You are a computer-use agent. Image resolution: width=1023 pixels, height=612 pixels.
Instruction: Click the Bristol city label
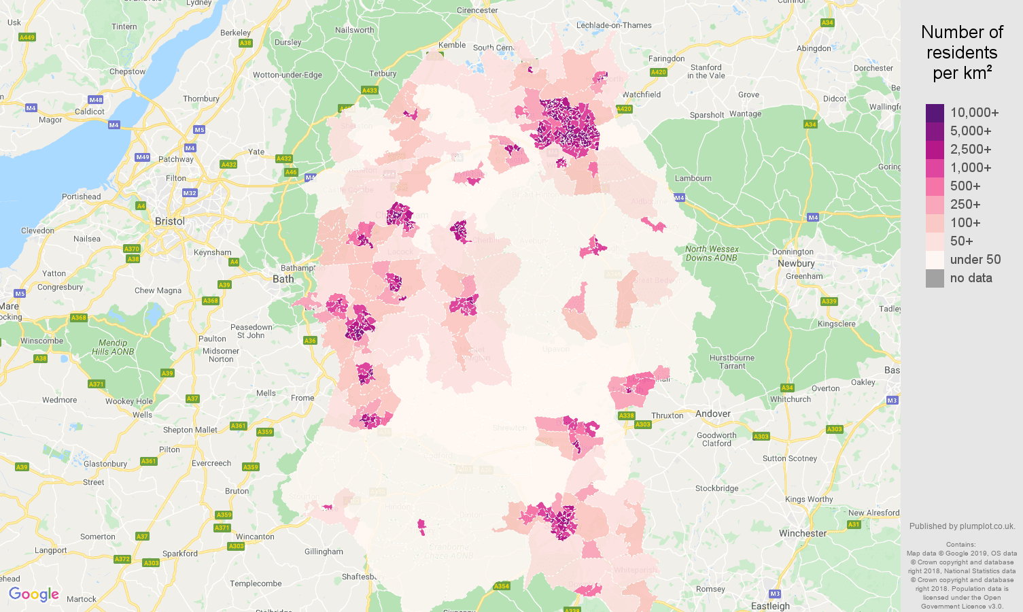[x=169, y=222]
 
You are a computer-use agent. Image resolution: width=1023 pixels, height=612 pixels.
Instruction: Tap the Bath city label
[x=283, y=279]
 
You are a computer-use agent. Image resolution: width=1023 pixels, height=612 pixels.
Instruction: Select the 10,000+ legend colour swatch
[x=935, y=113]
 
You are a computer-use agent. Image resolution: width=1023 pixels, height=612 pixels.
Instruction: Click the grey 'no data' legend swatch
[x=935, y=278]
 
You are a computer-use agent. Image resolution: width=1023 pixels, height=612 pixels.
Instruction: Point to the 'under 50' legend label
[x=975, y=260]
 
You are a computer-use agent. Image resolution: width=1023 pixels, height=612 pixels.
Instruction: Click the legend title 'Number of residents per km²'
[x=962, y=52]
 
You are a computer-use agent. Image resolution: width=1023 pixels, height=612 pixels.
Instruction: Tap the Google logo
[x=34, y=594]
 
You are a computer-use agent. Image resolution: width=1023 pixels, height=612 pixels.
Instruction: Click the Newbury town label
[x=796, y=263]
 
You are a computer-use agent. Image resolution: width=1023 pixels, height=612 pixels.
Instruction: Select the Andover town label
[x=712, y=413]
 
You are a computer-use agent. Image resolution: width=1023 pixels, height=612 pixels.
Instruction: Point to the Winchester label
[x=803, y=533]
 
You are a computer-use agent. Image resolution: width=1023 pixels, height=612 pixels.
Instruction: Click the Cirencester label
[x=477, y=10]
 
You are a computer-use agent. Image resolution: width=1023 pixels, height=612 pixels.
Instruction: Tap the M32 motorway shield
[x=190, y=193]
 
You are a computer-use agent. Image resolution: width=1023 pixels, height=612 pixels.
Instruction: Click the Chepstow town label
[x=127, y=71]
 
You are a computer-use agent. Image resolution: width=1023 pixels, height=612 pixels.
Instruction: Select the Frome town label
[x=302, y=398]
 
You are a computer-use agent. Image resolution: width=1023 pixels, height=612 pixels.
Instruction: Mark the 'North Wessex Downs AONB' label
[x=712, y=254]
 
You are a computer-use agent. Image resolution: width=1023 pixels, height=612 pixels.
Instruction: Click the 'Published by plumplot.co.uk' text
[x=962, y=526]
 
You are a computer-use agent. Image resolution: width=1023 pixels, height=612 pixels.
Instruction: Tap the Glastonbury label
[x=105, y=464]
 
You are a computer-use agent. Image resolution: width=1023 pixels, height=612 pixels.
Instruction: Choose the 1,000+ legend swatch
[x=935, y=168]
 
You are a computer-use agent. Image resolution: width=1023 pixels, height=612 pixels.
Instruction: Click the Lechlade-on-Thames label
[x=614, y=25]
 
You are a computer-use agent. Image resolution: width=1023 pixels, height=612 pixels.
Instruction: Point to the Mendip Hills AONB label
[x=113, y=347]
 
